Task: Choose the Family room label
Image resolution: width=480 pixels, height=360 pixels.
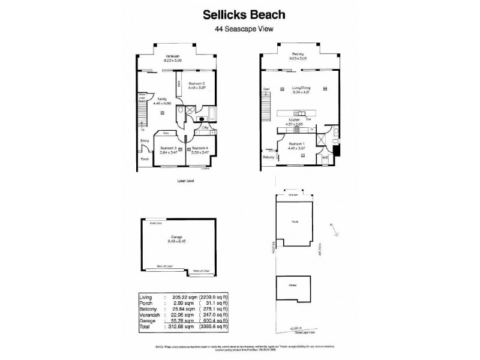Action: coord(163,100)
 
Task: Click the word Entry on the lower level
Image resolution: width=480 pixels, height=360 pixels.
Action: coord(144,141)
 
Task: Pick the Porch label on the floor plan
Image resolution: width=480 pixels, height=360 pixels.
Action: coord(145,160)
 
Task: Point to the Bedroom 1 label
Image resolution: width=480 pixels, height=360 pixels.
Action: coord(297,144)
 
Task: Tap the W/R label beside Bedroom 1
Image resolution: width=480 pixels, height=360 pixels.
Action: coord(325,158)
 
